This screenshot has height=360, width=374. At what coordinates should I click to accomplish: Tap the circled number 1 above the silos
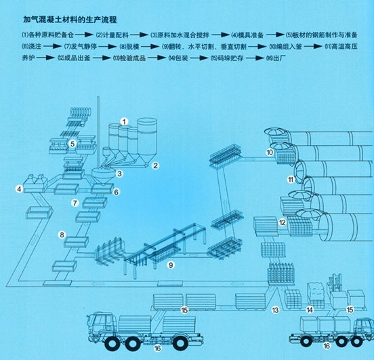[125, 120]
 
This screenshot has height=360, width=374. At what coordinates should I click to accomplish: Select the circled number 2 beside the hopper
[154, 165]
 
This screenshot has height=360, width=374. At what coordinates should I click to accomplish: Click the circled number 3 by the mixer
[119, 174]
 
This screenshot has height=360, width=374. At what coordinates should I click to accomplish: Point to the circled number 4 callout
[20, 188]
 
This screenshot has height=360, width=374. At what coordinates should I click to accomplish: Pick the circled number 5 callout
[72, 143]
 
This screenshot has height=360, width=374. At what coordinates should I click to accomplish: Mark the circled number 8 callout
[62, 235]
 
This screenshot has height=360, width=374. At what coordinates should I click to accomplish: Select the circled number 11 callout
[290, 180]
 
